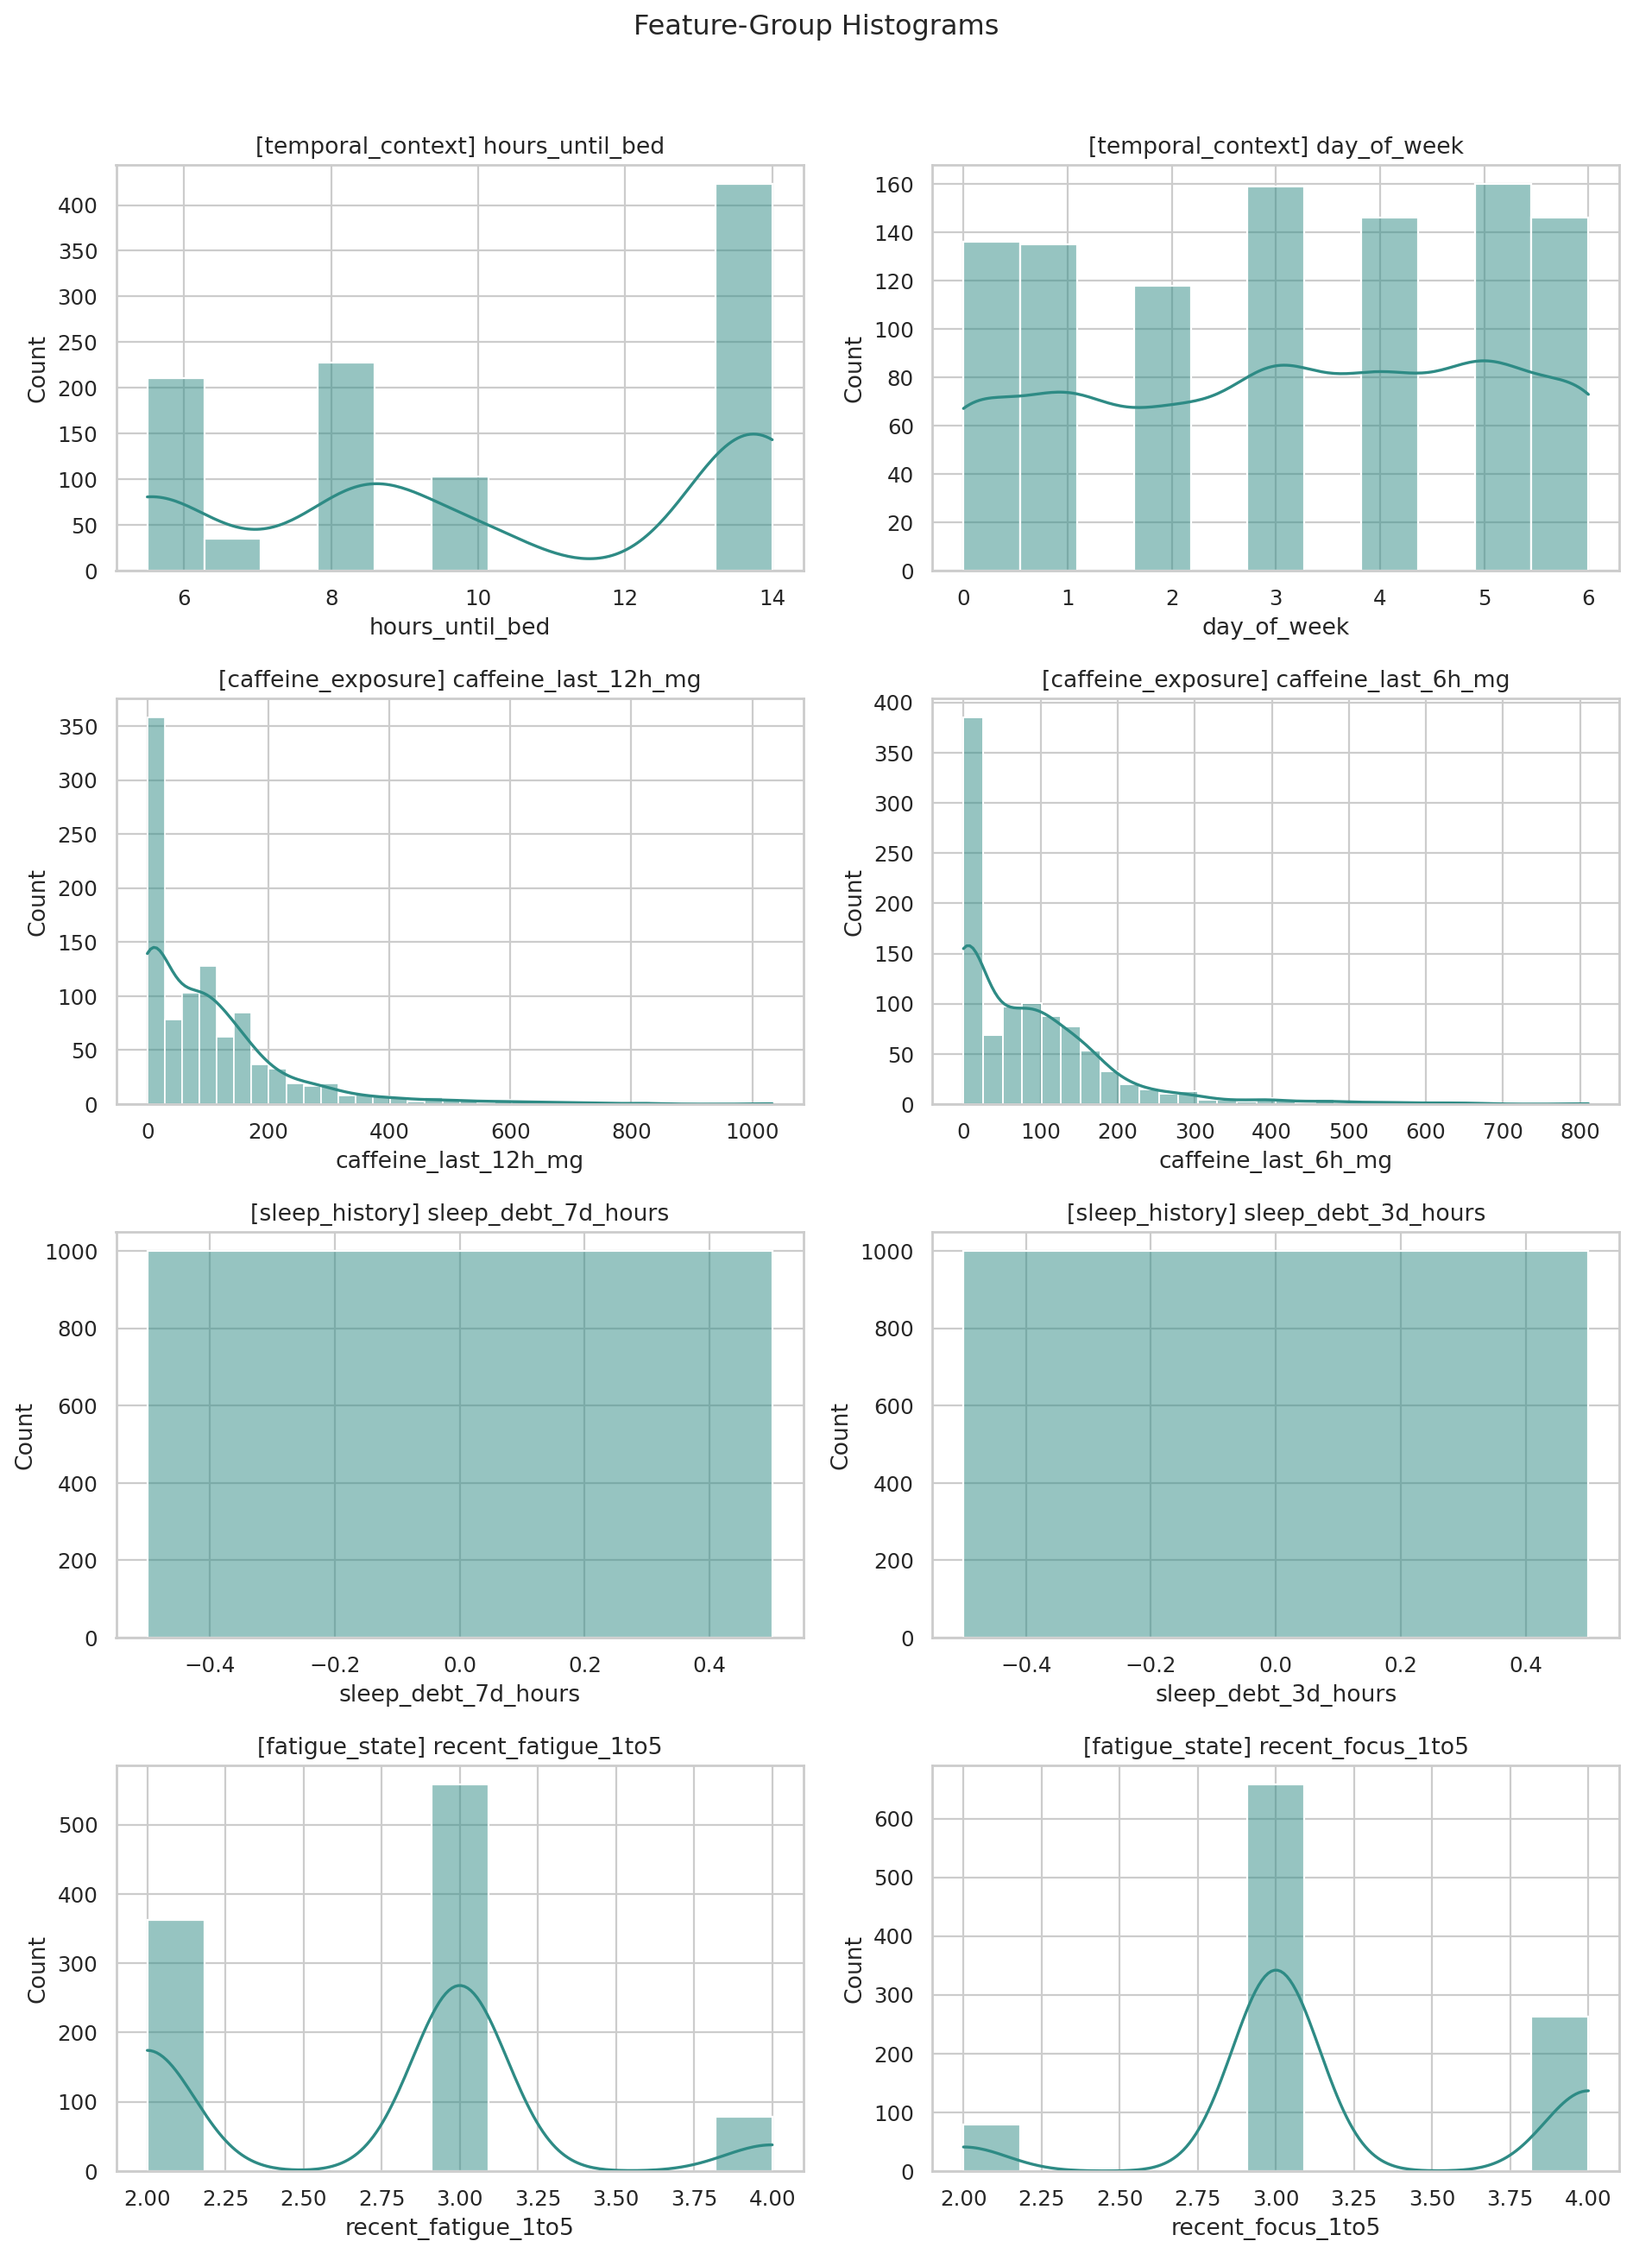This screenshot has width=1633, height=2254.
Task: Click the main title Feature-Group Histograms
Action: (x=816, y=26)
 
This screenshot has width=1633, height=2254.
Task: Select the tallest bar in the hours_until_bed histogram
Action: (x=743, y=377)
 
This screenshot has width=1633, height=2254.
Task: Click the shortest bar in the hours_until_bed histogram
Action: (x=232, y=554)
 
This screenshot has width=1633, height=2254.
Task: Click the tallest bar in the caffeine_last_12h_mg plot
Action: (x=156, y=909)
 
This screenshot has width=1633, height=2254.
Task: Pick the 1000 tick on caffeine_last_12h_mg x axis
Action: (x=752, y=1131)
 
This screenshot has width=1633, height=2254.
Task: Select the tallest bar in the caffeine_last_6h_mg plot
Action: (x=973, y=909)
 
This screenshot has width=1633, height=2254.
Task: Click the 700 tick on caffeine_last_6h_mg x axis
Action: (x=1502, y=1131)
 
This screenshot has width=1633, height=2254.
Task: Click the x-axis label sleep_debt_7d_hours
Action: (x=459, y=1694)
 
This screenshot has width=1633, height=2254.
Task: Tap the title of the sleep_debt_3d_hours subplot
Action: (x=1275, y=1214)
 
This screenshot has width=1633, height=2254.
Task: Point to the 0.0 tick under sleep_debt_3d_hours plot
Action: (x=1275, y=1664)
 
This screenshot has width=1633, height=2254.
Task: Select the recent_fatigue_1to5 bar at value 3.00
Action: (x=459, y=1978)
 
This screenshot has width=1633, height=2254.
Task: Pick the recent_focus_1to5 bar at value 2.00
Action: (x=991, y=2148)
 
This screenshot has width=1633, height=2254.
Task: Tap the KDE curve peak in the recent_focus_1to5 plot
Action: (x=1275, y=1969)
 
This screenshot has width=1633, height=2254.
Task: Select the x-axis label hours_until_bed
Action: (x=459, y=627)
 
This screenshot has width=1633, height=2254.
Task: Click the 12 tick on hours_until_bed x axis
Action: (x=624, y=598)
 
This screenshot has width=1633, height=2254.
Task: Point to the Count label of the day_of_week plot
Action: (x=853, y=369)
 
